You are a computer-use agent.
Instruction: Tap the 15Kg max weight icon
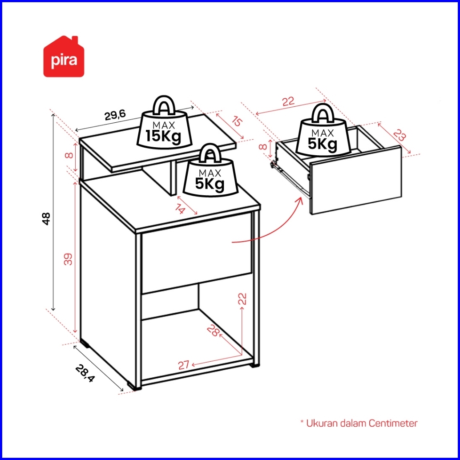[163, 126]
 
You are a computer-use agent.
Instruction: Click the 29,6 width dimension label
[115, 116]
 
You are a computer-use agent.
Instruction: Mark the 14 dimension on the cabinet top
[179, 208]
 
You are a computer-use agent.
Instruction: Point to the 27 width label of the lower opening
[184, 365]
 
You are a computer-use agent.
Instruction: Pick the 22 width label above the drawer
[288, 101]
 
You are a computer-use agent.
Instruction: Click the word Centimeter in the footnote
[393, 423]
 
